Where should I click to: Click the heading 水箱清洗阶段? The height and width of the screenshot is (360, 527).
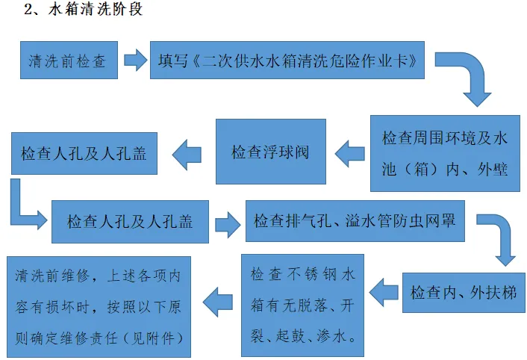[x=95, y=9]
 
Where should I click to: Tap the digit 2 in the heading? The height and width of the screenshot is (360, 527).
[x=28, y=10]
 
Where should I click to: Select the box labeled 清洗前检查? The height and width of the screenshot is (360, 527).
[x=69, y=60]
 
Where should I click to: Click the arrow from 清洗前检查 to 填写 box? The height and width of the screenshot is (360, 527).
[x=135, y=60]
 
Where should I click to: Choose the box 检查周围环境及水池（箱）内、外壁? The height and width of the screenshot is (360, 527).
[x=445, y=153]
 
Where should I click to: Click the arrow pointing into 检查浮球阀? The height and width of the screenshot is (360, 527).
[x=350, y=154]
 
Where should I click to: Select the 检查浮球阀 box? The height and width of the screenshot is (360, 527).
[x=270, y=152]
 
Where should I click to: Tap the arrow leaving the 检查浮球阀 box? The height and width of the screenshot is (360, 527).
[x=187, y=155]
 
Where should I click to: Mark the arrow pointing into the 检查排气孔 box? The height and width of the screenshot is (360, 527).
[x=228, y=224]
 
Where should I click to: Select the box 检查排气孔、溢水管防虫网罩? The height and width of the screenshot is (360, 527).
[x=355, y=221]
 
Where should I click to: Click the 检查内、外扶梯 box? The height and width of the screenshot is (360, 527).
[x=464, y=293]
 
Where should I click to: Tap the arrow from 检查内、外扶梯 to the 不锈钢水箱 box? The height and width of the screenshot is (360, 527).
[x=384, y=293]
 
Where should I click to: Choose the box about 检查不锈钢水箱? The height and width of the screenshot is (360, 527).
[x=302, y=305]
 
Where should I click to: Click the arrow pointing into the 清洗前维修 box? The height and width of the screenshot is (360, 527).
[x=218, y=302]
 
